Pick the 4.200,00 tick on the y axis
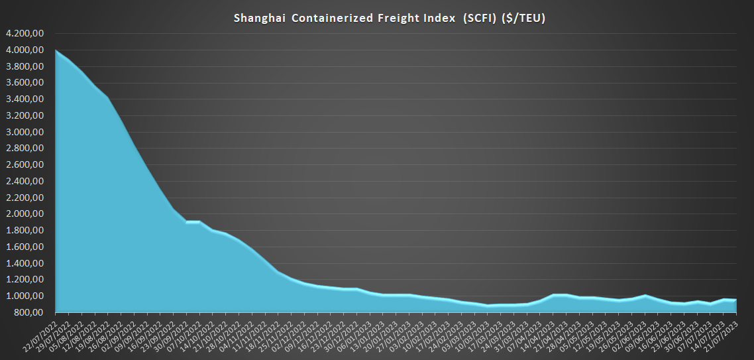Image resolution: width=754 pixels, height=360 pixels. [x=25, y=33]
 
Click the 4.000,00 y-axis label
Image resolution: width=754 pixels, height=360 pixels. [x=25, y=50]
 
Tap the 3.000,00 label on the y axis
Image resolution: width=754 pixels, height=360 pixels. [x=25, y=132]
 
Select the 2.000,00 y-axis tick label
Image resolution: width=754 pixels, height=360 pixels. [x=25, y=214]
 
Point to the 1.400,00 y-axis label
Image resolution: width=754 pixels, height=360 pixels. [x=25, y=263]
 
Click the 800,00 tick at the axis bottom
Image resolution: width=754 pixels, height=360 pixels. [x=29, y=312]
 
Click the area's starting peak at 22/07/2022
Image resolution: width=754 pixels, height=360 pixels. [x=56, y=50]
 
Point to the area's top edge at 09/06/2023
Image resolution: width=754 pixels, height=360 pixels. [x=646, y=296]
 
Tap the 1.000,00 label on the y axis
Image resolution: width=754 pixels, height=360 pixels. [x=25, y=296]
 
